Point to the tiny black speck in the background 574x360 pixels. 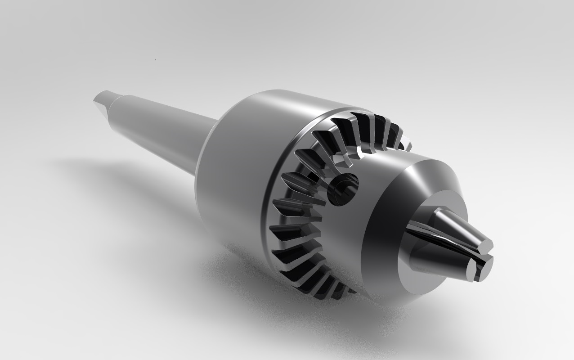click(x=156, y=59)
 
